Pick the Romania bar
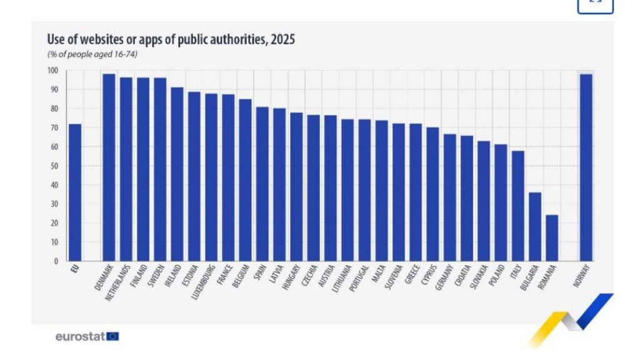(552, 237)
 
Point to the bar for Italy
(517, 206)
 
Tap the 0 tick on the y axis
(56, 261)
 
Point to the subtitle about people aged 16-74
(92, 54)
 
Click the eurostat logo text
(80, 337)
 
